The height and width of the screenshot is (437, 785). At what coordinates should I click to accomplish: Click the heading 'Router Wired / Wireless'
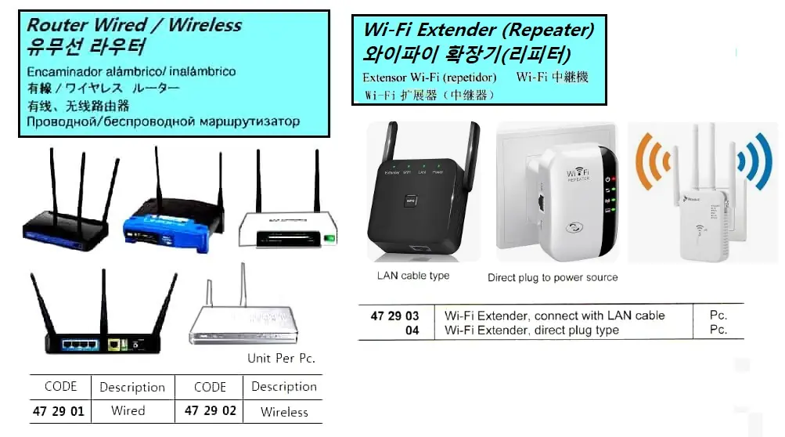pyautogui.click(x=135, y=24)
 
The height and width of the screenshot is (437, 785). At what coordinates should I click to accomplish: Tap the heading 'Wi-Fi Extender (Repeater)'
pyautogui.click(x=478, y=31)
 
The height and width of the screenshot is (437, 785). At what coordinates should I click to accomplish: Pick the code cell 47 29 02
pyautogui.click(x=210, y=411)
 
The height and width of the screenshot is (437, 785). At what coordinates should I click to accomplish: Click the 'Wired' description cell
pyautogui.click(x=128, y=411)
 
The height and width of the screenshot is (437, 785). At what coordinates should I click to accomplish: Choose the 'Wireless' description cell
pyautogui.click(x=284, y=412)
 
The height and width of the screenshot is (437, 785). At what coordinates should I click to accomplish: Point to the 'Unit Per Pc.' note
pyautogui.click(x=281, y=359)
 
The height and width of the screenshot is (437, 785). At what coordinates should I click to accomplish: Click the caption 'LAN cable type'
pyautogui.click(x=413, y=276)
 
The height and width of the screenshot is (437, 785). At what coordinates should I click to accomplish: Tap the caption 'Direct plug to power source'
pyautogui.click(x=553, y=277)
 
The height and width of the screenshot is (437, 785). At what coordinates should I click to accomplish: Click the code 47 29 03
pyautogui.click(x=394, y=316)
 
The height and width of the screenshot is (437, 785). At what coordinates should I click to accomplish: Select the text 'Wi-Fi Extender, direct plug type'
pyautogui.click(x=531, y=330)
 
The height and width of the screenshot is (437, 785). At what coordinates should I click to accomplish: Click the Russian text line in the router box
pyautogui.click(x=163, y=122)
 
